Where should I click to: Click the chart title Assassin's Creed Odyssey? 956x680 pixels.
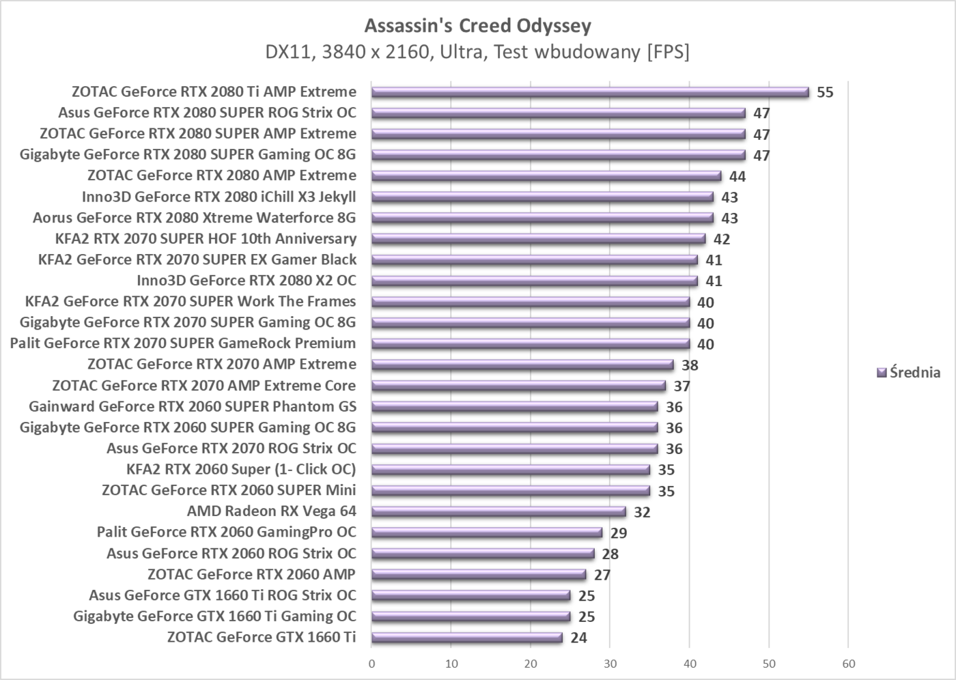pyautogui.click(x=477, y=26)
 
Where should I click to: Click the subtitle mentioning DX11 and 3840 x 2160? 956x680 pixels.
pyautogui.click(x=477, y=52)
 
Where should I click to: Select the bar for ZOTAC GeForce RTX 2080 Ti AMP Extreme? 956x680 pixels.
pyautogui.click(x=590, y=92)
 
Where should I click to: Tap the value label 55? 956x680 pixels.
pyautogui.click(x=825, y=92)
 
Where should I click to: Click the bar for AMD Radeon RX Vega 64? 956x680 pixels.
pyautogui.click(x=498, y=512)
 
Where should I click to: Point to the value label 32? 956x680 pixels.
pyautogui.click(x=642, y=512)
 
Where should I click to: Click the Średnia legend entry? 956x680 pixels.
pyautogui.click(x=909, y=373)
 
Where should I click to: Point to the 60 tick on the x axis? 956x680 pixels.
pyautogui.click(x=848, y=664)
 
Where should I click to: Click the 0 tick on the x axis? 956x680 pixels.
pyautogui.click(x=371, y=664)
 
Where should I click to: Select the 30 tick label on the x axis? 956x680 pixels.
pyautogui.click(x=610, y=664)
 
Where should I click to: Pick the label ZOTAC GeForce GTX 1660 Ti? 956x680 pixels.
pyautogui.click(x=262, y=637)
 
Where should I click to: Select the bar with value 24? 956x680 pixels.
pyautogui.click(x=467, y=638)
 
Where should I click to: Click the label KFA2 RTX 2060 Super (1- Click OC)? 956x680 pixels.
pyautogui.click(x=241, y=469)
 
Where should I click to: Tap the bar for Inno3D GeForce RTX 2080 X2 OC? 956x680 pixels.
pyautogui.click(x=535, y=281)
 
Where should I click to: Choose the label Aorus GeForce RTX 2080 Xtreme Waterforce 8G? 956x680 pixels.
pyautogui.click(x=195, y=218)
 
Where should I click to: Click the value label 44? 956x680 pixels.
pyautogui.click(x=737, y=176)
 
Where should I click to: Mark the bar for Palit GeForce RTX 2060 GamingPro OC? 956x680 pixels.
pyautogui.click(x=487, y=533)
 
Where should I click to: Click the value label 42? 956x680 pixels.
pyautogui.click(x=722, y=239)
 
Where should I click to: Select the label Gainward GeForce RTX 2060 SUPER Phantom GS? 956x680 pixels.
pyautogui.click(x=193, y=407)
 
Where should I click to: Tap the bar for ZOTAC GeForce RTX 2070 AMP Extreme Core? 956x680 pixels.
pyautogui.click(x=518, y=386)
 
